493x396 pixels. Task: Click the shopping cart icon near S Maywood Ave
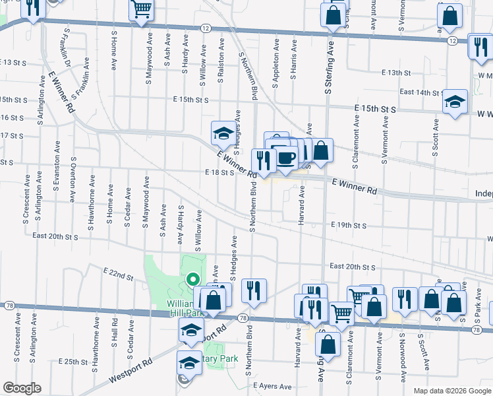tap(142, 10)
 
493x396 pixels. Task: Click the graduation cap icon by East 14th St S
tap(455, 101)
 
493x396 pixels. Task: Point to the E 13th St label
tap(395, 73)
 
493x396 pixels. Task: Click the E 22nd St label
tap(118, 271)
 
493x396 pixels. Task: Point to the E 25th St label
tap(72, 362)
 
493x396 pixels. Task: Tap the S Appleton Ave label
tap(275, 63)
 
